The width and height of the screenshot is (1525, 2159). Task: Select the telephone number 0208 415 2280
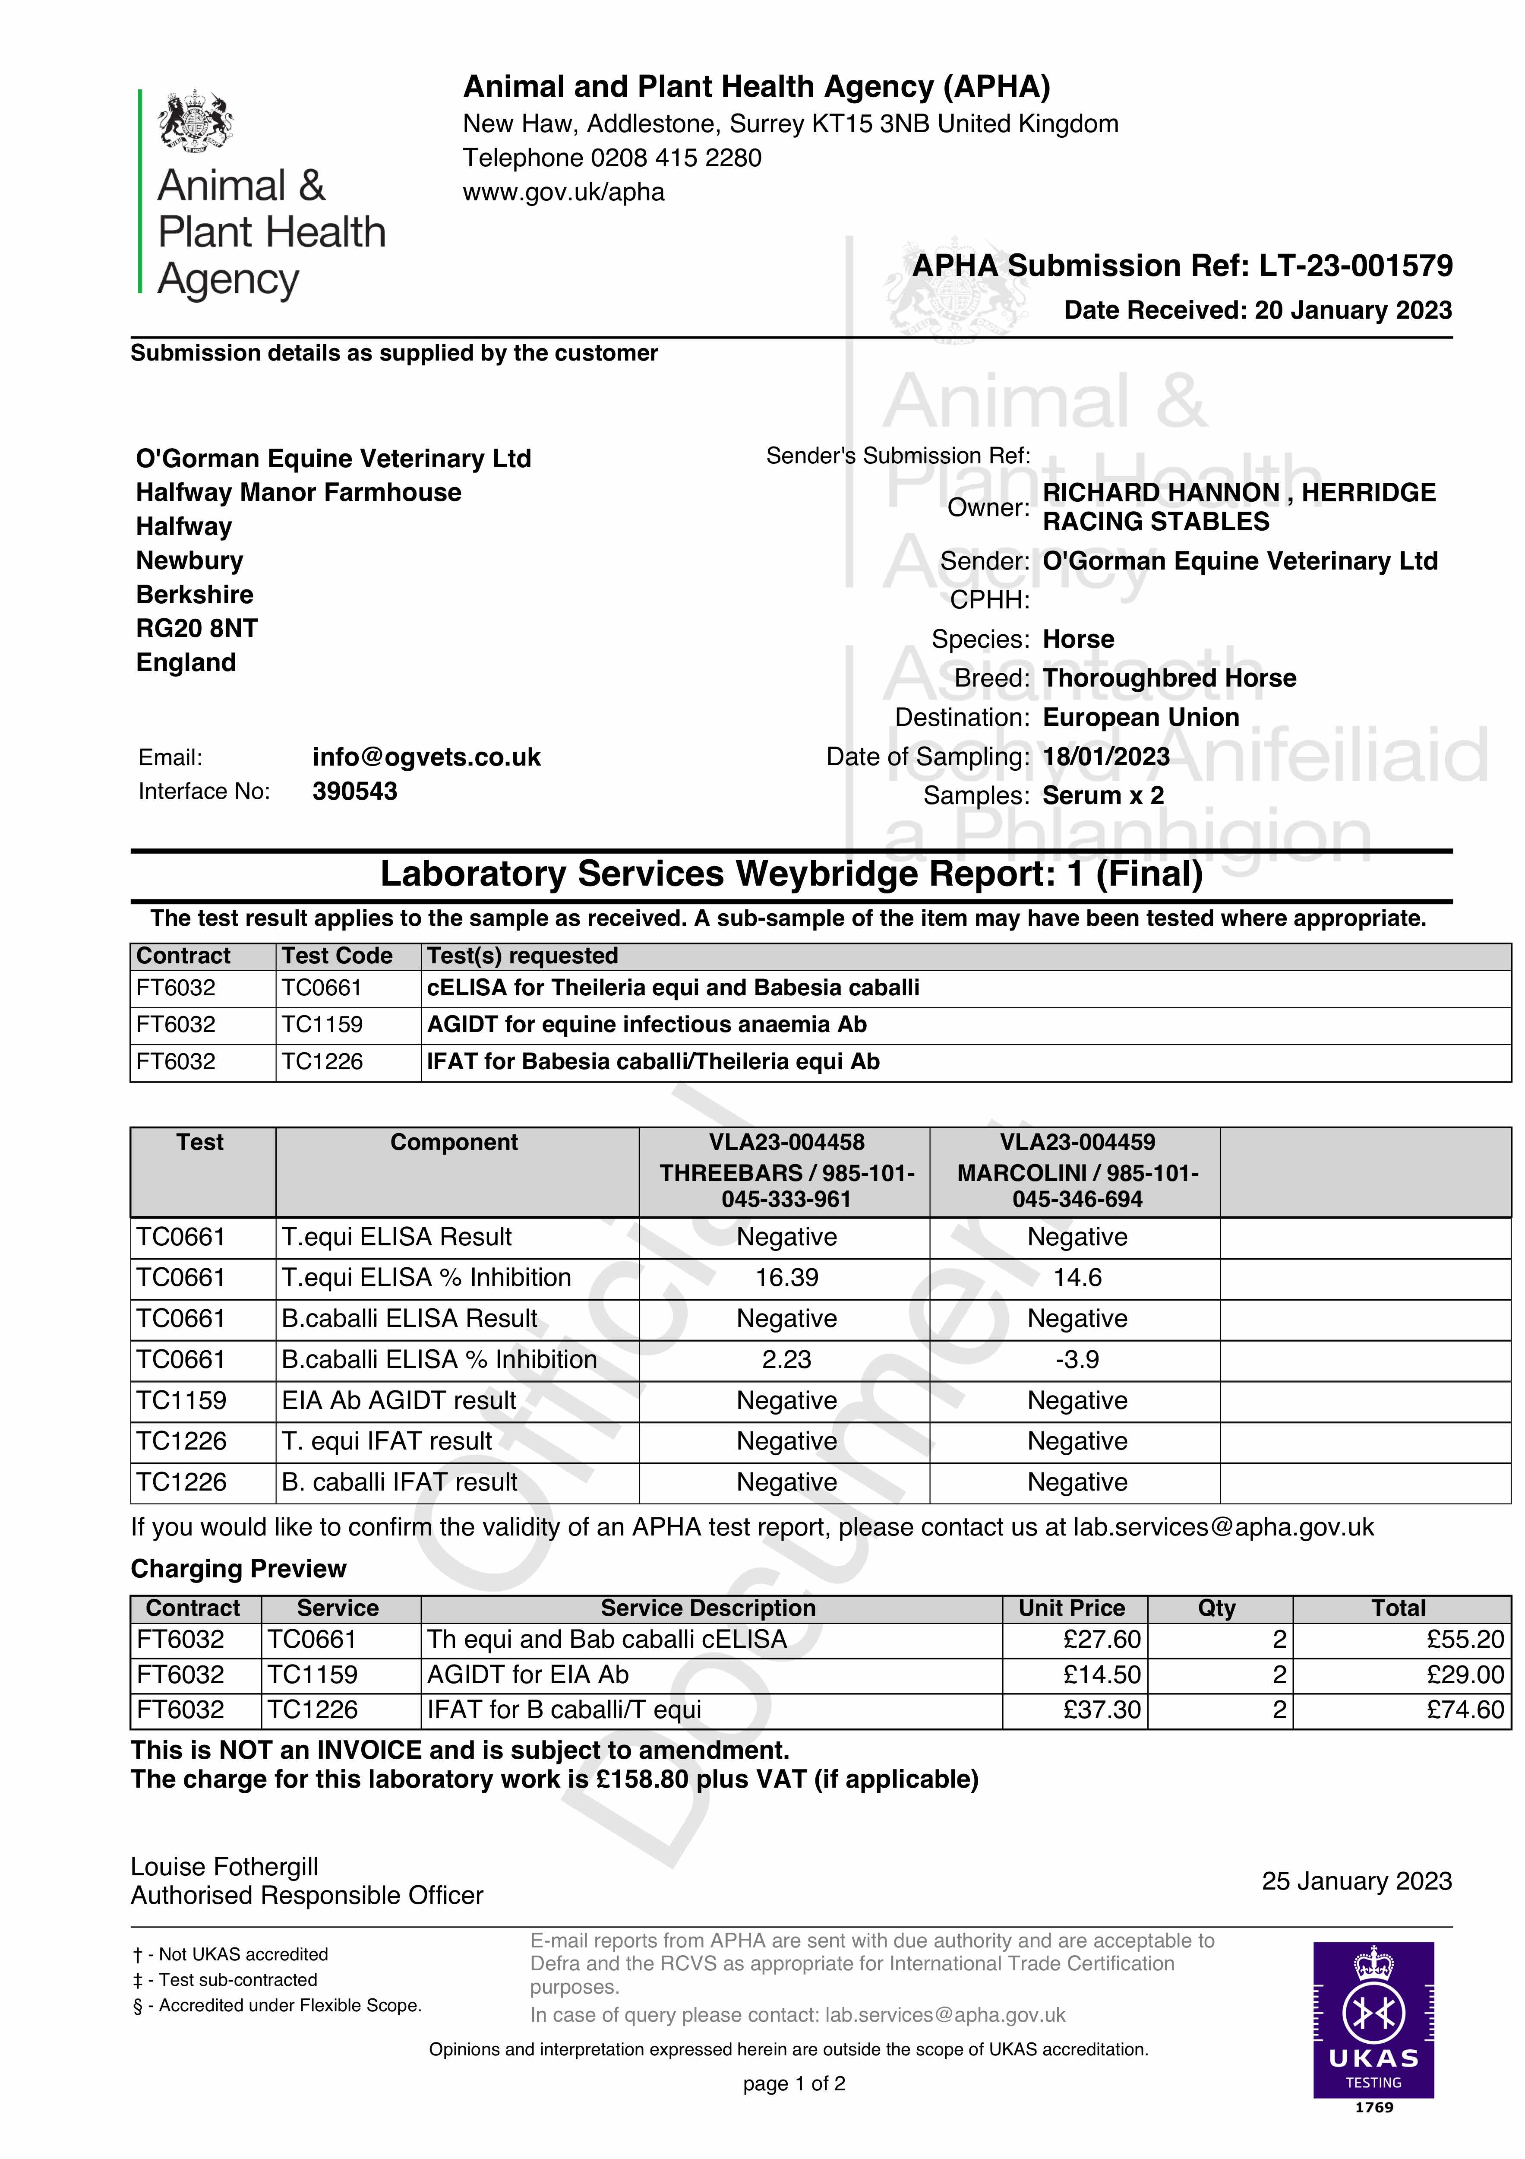click(x=676, y=158)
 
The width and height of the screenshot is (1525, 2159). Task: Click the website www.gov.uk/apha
click(x=563, y=193)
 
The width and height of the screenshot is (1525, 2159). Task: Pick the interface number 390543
click(x=354, y=792)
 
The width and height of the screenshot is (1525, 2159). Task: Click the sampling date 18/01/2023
click(x=1106, y=757)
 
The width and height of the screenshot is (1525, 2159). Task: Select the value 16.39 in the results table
click(x=786, y=1278)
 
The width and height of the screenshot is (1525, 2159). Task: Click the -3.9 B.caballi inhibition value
click(x=1077, y=1360)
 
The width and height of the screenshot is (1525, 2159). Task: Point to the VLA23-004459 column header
click(x=1077, y=1143)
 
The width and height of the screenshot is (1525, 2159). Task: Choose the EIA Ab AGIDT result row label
click(x=399, y=1401)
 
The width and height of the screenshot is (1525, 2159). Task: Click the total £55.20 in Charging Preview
click(x=1465, y=1640)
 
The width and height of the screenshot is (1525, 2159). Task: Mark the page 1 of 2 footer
click(x=793, y=2084)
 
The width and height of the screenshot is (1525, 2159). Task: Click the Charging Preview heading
click(x=238, y=1570)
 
